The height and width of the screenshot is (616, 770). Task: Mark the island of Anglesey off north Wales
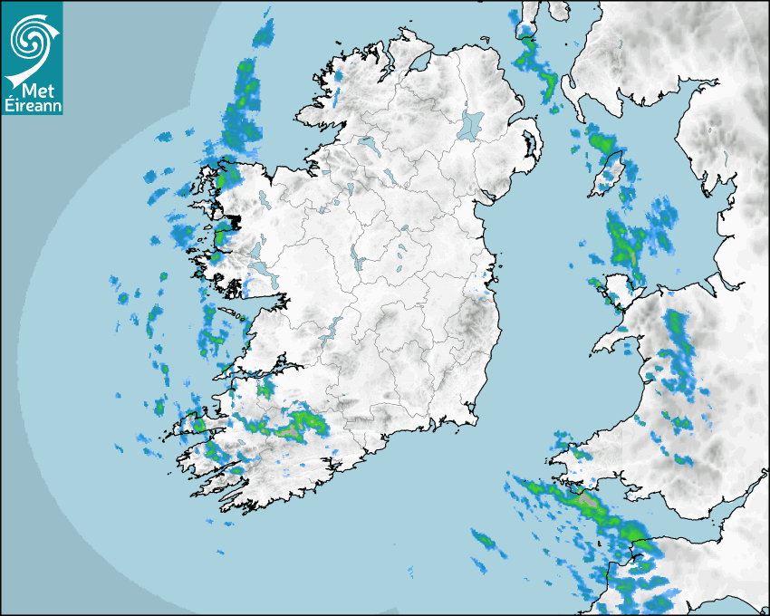[x=618, y=293]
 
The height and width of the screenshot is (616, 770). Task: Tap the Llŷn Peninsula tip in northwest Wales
[x=598, y=348]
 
